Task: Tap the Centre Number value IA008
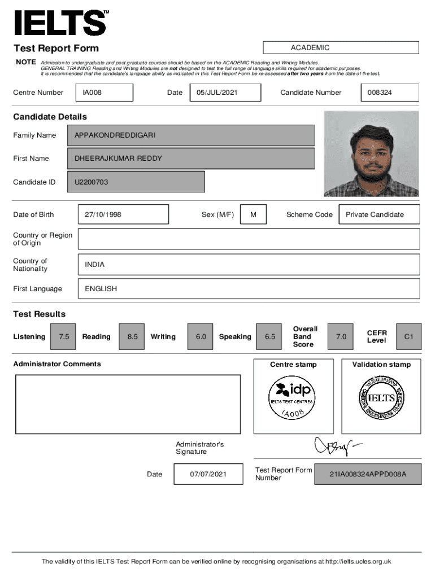(x=107, y=93)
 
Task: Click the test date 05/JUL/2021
(x=225, y=93)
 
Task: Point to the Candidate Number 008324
(x=389, y=93)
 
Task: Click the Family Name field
(x=191, y=135)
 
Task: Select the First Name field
(x=191, y=159)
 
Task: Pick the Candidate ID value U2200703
(x=136, y=182)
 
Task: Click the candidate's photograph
(x=371, y=154)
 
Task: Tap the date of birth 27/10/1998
(x=123, y=214)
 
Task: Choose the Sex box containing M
(x=253, y=214)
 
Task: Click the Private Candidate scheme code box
(x=379, y=214)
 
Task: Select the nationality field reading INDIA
(x=249, y=264)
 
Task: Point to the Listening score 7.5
(x=64, y=336)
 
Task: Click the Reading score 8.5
(x=132, y=336)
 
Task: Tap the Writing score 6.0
(x=201, y=336)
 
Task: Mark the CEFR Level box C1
(x=408, y=336)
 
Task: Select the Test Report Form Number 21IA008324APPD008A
(x=368, y=474)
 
